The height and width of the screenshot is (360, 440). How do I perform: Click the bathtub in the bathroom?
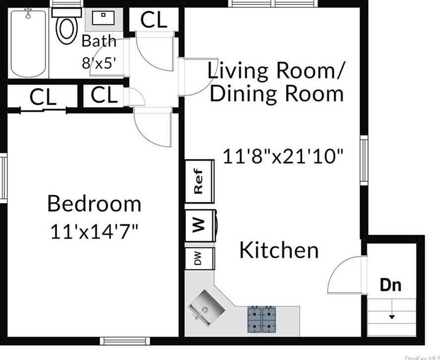coord(28,44)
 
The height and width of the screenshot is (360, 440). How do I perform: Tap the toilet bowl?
coord(67,30)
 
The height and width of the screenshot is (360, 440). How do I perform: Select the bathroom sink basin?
coord(103,18)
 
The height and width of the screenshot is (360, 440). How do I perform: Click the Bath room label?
coord(99,41)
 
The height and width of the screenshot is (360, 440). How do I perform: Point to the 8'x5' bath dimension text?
coord(99,63)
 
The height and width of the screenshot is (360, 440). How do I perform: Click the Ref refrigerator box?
coord(200,181)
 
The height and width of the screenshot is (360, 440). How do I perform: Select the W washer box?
coord(200,225)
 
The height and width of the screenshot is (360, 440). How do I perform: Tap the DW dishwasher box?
coord(200,258)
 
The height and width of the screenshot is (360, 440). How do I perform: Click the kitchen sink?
coord(207,308)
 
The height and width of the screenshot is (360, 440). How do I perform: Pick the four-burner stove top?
coord(262,319)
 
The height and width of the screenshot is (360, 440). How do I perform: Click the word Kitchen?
coord(279,250)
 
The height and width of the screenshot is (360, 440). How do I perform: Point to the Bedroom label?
coord(94,204)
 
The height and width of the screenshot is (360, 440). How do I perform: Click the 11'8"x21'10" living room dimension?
coord(283,156)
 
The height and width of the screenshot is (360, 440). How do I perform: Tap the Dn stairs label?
coord(390,285)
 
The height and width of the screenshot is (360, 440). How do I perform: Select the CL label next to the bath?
coord(154,20)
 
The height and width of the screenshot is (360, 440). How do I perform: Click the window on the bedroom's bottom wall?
coord(125,341)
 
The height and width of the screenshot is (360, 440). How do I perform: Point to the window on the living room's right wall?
coord(364,160)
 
